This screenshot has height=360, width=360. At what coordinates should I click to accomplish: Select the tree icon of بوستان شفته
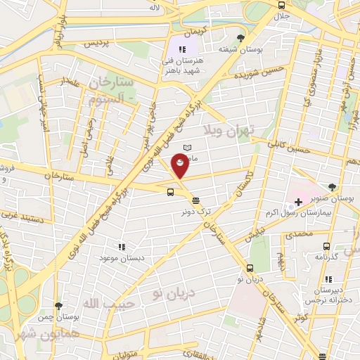coord(241,38)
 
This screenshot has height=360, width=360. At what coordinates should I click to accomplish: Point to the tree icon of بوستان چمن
coord(58,306)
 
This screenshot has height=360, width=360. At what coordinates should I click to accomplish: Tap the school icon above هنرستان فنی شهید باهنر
coord(182,49)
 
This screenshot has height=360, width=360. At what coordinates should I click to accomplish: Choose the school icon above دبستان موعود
coord(121,247)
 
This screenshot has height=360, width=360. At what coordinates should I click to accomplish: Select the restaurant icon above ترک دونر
coord(195,200)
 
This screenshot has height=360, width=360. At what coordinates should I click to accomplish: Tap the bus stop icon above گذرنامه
coord(326,246)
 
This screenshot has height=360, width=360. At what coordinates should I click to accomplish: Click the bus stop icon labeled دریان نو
coord(250,268)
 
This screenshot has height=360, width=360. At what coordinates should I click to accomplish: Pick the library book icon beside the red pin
coord(187,146)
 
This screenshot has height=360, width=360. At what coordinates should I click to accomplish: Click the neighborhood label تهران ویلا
coord(222,131)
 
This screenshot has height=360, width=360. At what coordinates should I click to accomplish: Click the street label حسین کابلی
coord(289,147)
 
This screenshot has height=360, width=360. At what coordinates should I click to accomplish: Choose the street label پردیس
coord(97,43)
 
